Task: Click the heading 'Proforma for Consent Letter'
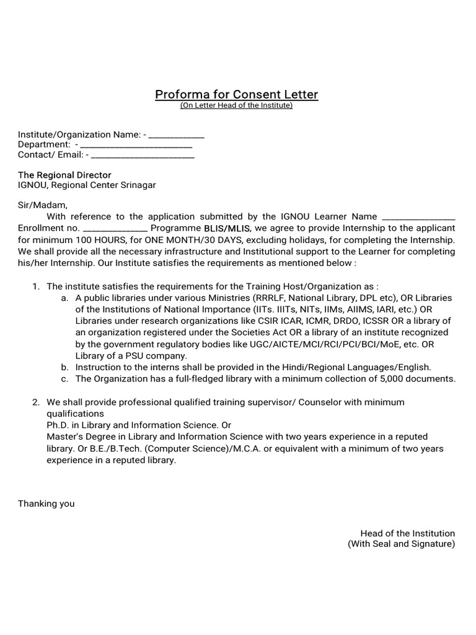236,95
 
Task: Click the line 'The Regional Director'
64,175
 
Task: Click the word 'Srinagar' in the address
138,185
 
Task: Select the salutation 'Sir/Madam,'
42,205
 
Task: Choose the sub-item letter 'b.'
65,367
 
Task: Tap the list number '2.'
36,402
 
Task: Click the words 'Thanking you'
46,504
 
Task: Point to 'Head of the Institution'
407,533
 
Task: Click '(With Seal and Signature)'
401,544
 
